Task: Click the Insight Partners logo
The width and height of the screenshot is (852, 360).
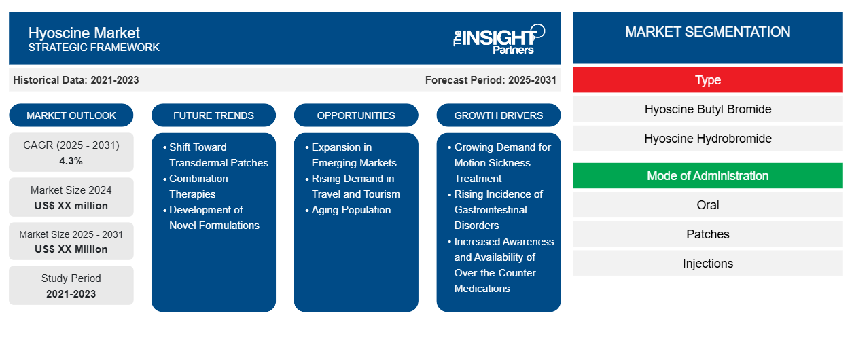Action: (499, 39)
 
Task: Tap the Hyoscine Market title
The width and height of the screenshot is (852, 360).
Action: (84, 33)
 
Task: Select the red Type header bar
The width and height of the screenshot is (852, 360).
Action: (707, 80)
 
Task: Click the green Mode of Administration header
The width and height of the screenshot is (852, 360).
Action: (707, 176)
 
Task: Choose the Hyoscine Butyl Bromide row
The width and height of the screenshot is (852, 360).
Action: (707, 109)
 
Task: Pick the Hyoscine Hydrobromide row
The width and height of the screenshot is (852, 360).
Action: (707, 139)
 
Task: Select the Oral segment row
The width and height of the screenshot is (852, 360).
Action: (707, 205)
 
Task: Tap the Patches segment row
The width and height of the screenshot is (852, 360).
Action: (707, 234)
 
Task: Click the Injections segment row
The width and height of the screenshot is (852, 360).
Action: (707, 263)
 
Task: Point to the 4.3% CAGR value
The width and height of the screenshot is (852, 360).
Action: (71, 161)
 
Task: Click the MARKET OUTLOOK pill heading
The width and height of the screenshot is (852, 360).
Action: (71, 115)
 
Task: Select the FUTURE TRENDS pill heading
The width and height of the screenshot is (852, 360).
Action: (213, 115)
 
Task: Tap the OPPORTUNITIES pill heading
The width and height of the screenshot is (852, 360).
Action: (356, 115)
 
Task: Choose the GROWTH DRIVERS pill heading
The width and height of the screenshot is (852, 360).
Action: (498, 115)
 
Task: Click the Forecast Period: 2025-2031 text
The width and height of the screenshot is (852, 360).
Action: (491, 80)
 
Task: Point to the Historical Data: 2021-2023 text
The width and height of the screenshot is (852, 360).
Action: (76, 80)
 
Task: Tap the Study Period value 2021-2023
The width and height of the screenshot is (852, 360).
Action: (71, 294)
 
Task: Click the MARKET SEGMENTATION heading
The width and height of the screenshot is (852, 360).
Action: (707, 32)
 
